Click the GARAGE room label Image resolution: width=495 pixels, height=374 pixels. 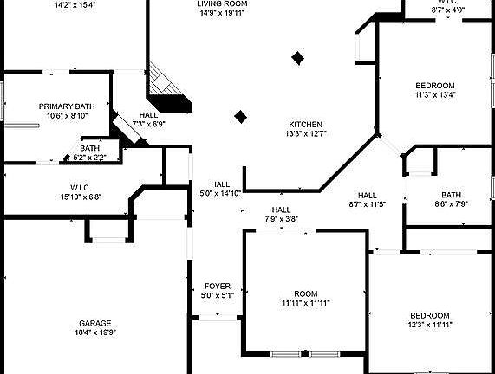95,323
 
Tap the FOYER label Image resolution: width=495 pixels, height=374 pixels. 218,287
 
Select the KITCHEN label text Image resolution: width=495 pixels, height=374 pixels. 306,125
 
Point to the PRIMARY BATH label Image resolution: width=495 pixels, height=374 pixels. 67,106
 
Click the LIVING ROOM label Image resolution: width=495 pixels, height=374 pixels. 222,3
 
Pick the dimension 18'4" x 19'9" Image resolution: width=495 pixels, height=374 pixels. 95,332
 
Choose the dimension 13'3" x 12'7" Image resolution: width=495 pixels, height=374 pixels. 306,133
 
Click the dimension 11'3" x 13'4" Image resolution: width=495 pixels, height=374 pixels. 435,94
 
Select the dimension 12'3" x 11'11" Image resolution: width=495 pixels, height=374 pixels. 430,325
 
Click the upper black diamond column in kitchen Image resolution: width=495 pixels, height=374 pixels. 297,58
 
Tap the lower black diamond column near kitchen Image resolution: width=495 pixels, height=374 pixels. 240,117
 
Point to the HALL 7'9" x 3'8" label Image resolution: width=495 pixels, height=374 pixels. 282,215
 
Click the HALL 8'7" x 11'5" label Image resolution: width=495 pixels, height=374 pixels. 368,200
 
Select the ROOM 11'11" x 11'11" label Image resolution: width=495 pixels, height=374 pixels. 306,299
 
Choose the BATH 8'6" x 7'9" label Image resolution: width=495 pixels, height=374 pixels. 451,199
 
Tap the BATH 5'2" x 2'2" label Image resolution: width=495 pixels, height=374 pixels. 89,152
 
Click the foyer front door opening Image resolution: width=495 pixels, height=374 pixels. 218,318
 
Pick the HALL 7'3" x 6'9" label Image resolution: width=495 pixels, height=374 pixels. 148,119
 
